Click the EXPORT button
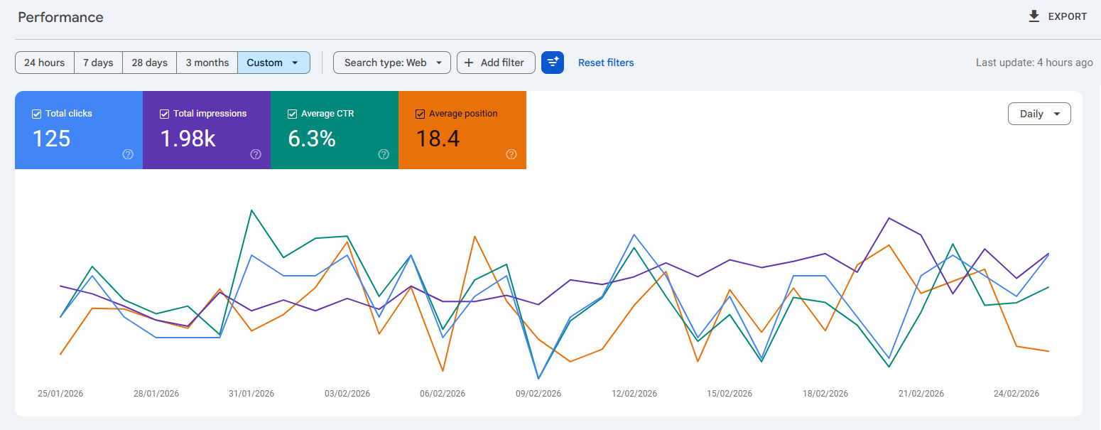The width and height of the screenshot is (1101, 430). click(1058, 16)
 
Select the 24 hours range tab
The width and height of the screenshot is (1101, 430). click(45, 63)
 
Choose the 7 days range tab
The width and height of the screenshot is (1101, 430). click(98, 63)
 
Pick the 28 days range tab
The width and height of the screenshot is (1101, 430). click(149, 63)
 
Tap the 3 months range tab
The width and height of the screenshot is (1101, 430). click(207, 63)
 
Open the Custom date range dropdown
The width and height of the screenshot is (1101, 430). click(273, 63)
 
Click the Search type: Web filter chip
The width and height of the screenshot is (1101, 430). click(391, 63)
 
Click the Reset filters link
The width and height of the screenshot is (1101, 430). click(606, 63)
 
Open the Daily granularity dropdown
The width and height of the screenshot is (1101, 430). click(1038, 114)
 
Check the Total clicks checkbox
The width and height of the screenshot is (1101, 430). click(37, 114)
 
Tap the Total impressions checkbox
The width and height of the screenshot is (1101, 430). click(165, 114)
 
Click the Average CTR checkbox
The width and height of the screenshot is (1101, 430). click(293, 114)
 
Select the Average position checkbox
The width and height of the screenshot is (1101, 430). click(421, 114)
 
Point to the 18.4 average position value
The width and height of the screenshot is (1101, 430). click(438, 139)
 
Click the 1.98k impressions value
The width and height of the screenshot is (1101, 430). click(188, 139)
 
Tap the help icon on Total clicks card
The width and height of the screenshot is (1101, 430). click(128, 154)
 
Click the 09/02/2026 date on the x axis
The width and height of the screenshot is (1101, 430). click(538, 394)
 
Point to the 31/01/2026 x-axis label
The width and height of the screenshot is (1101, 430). click(251, 394)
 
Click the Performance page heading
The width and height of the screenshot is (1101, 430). click(60, 17)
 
